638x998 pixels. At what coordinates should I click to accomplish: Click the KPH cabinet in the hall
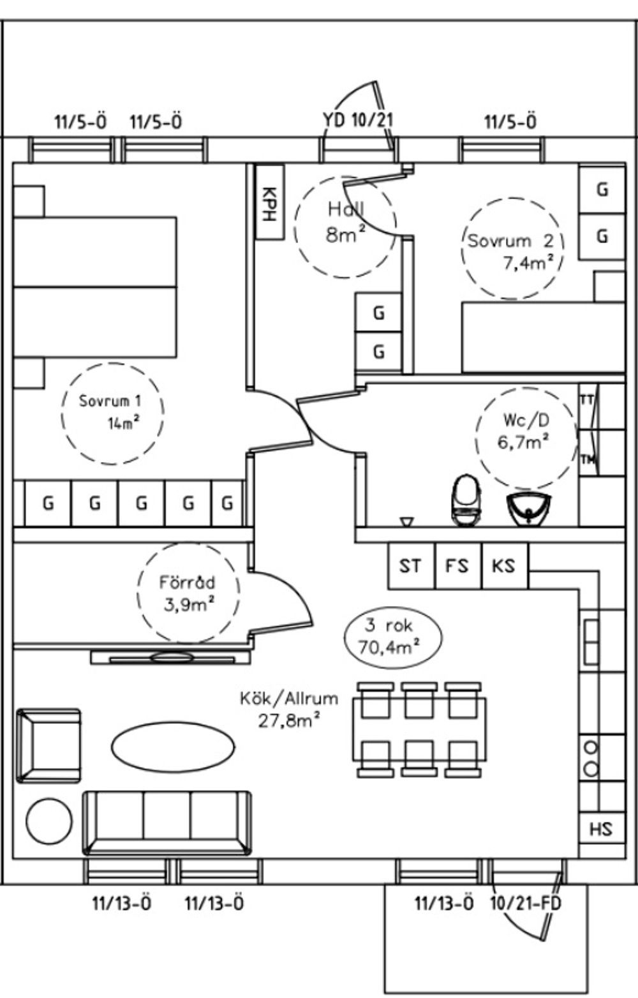click(269, 202)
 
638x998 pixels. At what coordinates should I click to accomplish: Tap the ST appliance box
click(411, 565)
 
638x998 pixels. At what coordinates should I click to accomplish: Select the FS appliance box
click(457, 565)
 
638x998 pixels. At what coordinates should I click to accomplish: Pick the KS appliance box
click(504, 565)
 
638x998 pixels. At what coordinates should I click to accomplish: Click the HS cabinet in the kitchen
click(601, 828)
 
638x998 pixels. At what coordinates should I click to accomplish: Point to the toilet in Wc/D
click(465, 502)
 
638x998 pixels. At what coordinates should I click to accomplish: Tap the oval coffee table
click(172, 747)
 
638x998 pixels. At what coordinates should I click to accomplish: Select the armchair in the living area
click(49, 745)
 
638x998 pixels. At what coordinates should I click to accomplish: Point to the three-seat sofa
click(167, 822)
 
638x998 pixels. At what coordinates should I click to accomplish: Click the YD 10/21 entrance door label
click(357, 120)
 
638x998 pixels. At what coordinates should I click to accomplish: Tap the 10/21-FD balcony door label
click(526, 904)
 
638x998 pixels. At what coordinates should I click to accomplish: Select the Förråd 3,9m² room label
click(188, 593)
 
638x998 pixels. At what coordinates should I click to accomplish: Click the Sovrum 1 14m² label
click(112, 412)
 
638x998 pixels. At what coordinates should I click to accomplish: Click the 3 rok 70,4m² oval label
click(392, 637)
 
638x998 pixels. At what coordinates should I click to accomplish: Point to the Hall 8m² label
click(345, 221)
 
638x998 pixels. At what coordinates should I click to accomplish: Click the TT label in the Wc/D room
click(586, 399)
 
